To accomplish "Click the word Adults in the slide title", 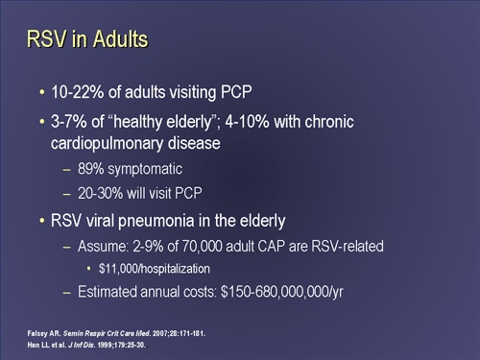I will point(114,39).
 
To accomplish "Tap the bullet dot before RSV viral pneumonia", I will point(42,221).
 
